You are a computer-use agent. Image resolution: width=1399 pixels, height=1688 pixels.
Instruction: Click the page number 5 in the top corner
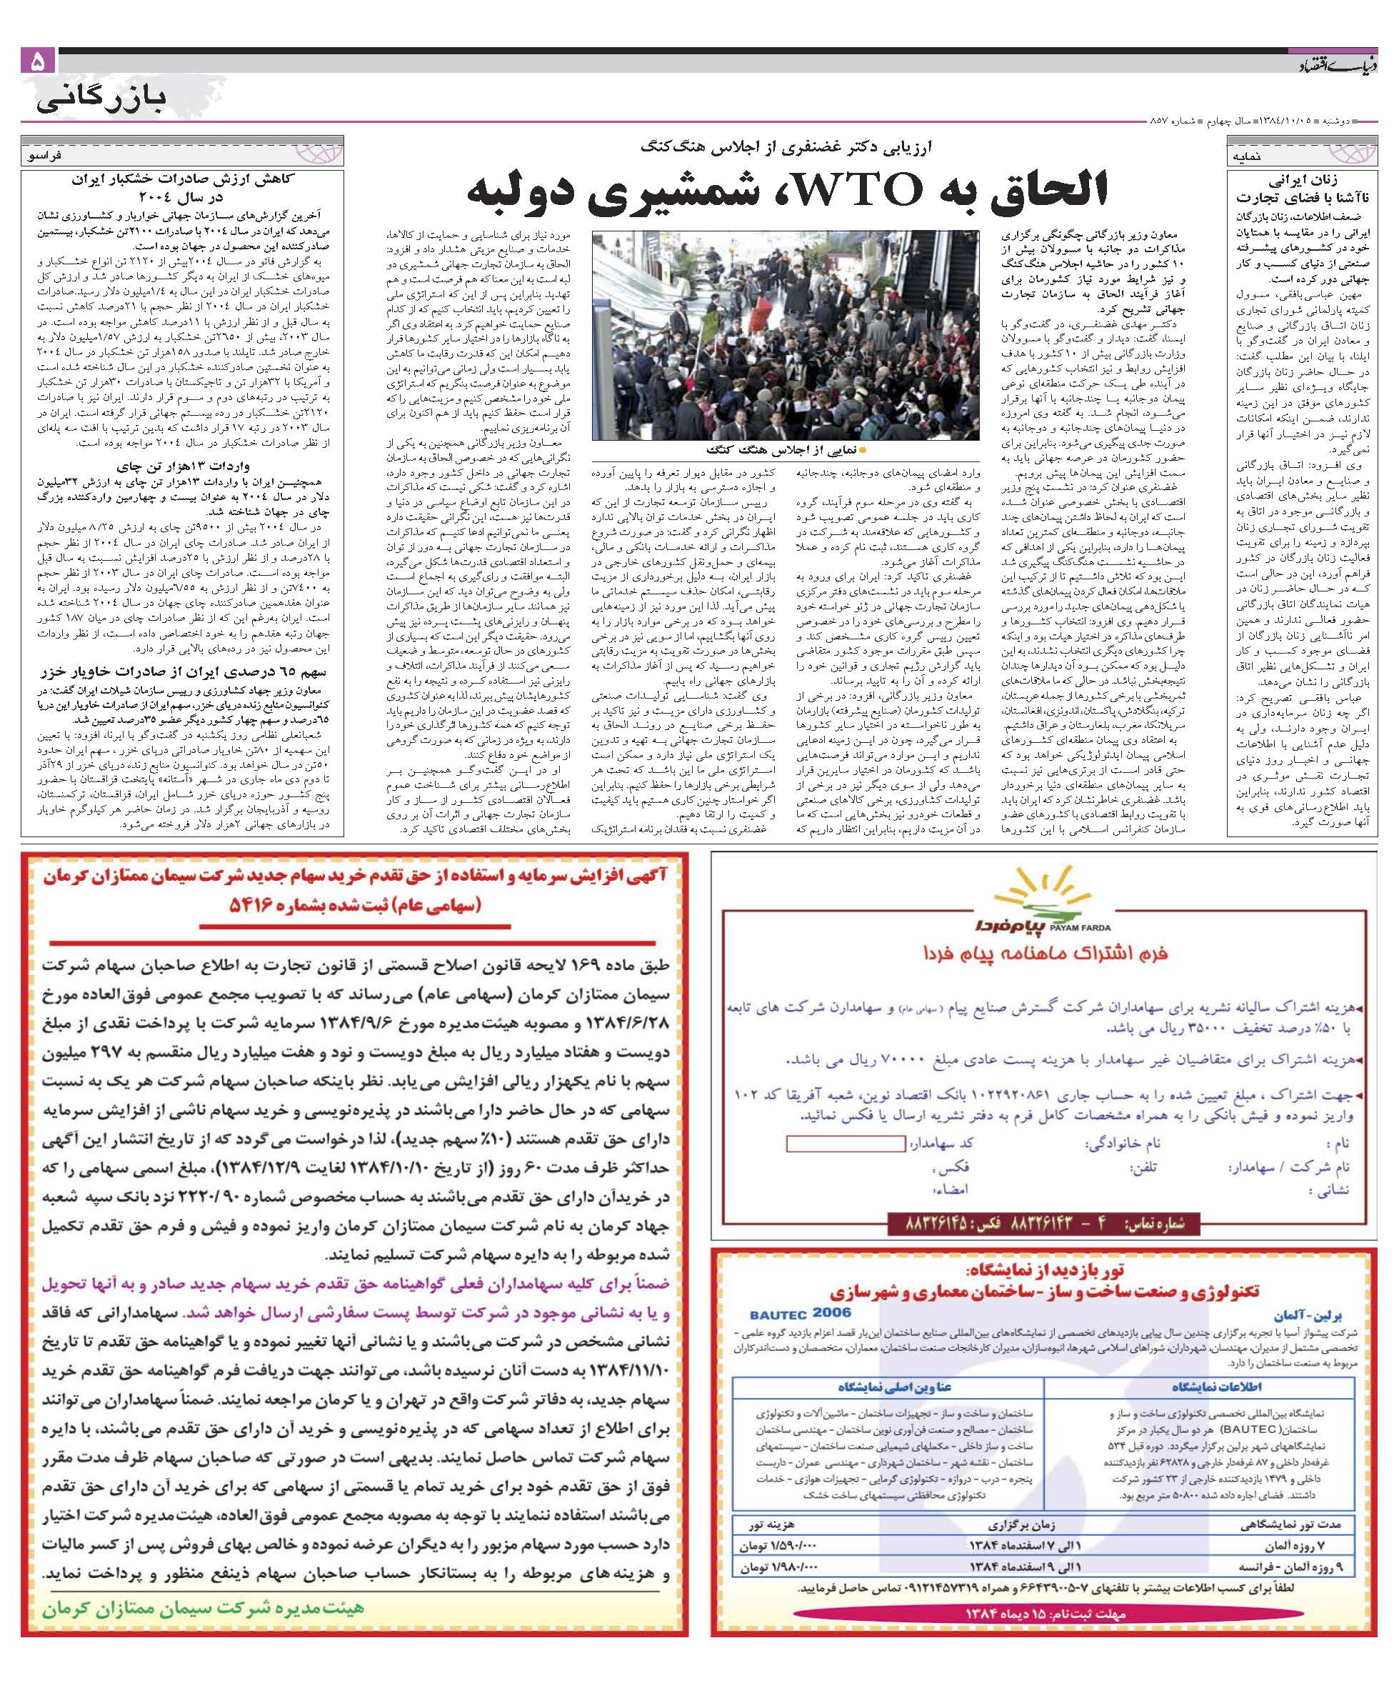pos(39,63)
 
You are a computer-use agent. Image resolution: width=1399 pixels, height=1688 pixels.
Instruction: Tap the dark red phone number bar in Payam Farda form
pos(1042,1224)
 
